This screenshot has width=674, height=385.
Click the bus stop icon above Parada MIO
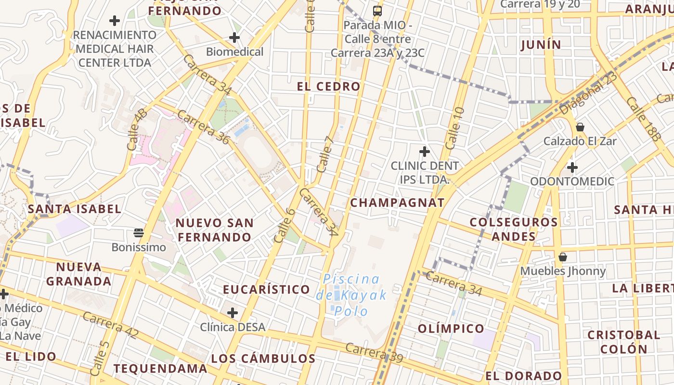click(x=377, y=11)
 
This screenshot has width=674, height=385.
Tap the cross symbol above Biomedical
click(x=234, y=37)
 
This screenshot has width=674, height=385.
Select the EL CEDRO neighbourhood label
click(x=328, y=87)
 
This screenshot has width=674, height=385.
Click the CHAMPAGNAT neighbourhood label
click(x=397, y=203)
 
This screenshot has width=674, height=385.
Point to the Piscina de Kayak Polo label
click(x=351, y=295)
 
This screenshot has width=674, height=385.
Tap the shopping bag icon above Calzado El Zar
click(x=580, y=127)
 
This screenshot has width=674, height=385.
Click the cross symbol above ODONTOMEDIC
click(x=572, y=167)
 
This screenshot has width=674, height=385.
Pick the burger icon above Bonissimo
click(x=139, y=233)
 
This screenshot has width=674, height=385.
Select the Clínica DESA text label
click(x=233, y=327)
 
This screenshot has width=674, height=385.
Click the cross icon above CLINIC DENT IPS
click(x=424, y=152)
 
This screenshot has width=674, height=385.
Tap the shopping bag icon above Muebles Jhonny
click(x=562, y=257)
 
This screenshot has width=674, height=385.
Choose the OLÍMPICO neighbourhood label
click(x=451, y=329)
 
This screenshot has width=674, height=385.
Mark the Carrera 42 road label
click(x=111, y=325)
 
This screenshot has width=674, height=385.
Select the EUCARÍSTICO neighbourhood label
click(x=266, y=289)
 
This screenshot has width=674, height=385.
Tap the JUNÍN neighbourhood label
click(x=541, y=45)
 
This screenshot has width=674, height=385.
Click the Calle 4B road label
click(x=137, y=129)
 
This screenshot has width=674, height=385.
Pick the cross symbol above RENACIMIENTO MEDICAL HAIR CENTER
click(x=114, y=21)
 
